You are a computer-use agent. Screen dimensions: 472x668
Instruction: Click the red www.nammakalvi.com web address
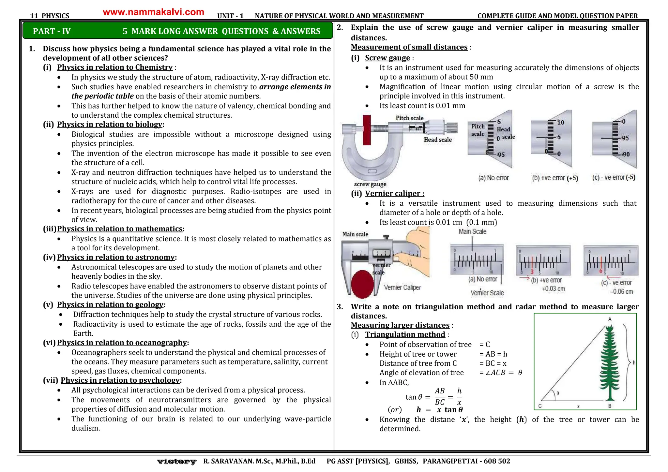tap(153, 12)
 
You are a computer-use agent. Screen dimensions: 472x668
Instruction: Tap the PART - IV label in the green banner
tap(52, 31)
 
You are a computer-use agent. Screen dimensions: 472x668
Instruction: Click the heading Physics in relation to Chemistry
tap(115, 67)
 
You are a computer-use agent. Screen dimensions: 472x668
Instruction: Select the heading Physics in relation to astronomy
tap(116, 257)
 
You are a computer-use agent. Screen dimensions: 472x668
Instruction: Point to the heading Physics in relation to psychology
tap(120, 380)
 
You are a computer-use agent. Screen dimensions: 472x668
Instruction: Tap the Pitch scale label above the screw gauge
tap(409, 118)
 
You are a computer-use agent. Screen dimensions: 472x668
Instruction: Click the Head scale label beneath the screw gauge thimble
tap(438, 140)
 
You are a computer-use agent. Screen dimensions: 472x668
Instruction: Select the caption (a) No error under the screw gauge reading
tap(493, 178)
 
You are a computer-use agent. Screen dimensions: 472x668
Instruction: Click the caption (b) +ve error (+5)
tap(555, 178)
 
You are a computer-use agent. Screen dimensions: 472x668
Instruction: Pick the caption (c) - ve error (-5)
tap(614, 177)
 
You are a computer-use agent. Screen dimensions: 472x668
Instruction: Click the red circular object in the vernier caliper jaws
tap(362, 284)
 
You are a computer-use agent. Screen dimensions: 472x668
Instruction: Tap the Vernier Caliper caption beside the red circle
tap(402, 288)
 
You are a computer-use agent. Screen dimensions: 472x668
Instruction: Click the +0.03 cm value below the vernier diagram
tap(553, 289)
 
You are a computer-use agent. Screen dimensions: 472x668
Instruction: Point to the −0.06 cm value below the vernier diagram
tap(621, 292)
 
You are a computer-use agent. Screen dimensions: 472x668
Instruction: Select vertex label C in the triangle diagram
tap(540, 406)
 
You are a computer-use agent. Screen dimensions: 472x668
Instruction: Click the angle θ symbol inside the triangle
tap(558, 393)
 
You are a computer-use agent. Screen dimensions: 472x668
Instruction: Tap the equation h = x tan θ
tap(439, 410)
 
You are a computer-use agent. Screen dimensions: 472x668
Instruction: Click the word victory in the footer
tap(176, 461)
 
